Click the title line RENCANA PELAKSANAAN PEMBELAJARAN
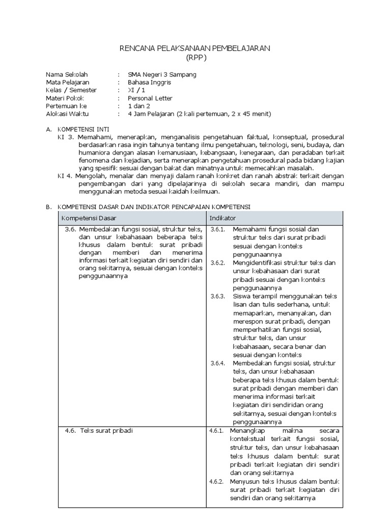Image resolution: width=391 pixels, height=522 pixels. tap(195, 48)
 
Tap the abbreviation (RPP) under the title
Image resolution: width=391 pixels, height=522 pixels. tap(195, 57)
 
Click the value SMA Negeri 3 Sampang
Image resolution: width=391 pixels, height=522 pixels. tap(162, 74)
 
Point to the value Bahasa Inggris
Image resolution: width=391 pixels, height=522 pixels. tap(149, 82)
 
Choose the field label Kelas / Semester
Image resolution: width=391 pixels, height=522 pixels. tap(71, 90)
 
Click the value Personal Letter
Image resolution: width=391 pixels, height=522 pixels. tap(150, 98)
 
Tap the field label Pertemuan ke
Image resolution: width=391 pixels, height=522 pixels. tap(67, 106)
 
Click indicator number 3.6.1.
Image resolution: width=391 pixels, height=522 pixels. tap(218, 229)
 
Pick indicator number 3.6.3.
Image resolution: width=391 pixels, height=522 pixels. tap(218, 296)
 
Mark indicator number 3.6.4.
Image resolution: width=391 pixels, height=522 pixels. tap(218, 363)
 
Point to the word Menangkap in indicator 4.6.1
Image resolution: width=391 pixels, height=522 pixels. tap(248, 430)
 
